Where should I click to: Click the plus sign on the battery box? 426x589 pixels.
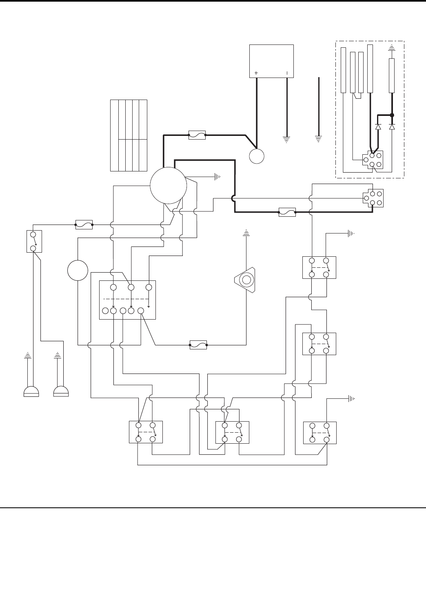tap(256, 73)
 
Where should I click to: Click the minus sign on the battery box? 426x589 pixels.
tap(287, 73)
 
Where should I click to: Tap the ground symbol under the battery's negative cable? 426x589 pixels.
tap(287, 139)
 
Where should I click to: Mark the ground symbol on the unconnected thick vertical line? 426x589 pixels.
tap(319, 139)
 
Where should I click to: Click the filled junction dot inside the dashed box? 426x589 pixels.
tap(392, 115)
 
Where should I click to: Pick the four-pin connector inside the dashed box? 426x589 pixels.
tap(372, 160)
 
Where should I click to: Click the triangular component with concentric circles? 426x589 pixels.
tap(246, 280)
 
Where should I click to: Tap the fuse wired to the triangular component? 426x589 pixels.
tap(198, 345)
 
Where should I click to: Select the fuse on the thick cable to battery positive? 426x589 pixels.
tap(197, 135)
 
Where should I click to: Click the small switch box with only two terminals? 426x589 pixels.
tap(34, 241)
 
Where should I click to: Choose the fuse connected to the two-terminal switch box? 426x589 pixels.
tap(84, 224)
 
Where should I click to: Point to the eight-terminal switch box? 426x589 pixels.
tap(128, 300)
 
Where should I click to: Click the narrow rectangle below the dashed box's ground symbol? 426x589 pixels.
tap(392, 76)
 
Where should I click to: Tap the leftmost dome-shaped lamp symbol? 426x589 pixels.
tap(31, 391)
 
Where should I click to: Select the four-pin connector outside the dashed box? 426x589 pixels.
tap(373, 198)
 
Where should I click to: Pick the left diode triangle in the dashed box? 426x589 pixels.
tap(378, 127)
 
